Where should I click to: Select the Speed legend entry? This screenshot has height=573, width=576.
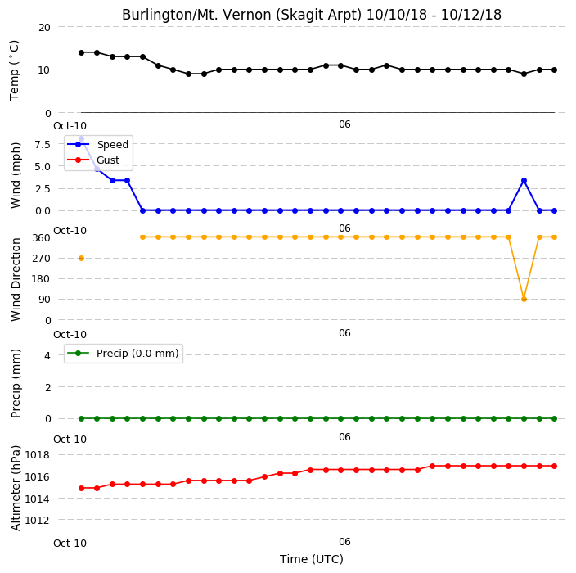click(x=97, y=144)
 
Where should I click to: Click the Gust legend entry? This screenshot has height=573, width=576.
click(x=93, y=160)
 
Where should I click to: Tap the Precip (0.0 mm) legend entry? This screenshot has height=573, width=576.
click(x=123, y=353)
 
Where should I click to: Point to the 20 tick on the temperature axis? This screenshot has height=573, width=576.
click(x=44, y=27)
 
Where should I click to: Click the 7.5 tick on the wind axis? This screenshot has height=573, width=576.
click(x=43, y=144)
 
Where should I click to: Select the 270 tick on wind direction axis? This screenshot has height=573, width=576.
click(x=41, y=259)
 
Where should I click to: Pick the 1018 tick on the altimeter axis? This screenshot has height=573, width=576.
click(x=37, y=455)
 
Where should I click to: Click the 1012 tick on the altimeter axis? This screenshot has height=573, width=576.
click(x=37, y=520)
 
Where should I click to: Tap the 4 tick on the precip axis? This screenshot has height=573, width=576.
click(x=47, y=355)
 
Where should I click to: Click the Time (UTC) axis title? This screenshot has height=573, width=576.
click(x=312, y=559)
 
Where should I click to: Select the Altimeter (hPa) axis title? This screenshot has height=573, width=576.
click(x=16, y=488)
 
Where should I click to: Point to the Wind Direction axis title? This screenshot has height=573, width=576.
click(x=16, y=279)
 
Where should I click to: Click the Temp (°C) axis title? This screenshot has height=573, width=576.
click(x=15, y=70)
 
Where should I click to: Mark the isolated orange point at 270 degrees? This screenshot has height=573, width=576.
click(x=81, y=259)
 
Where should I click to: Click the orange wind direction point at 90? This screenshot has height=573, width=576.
click(x=524, y=299)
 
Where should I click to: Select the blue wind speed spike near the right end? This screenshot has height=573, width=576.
click(x=524, y=180)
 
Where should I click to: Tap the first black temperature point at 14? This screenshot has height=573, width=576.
click(x=81, y=52)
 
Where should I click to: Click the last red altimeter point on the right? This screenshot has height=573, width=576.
click(x=555, y=466)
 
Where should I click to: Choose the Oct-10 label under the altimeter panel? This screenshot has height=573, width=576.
click(x=70, y=544)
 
